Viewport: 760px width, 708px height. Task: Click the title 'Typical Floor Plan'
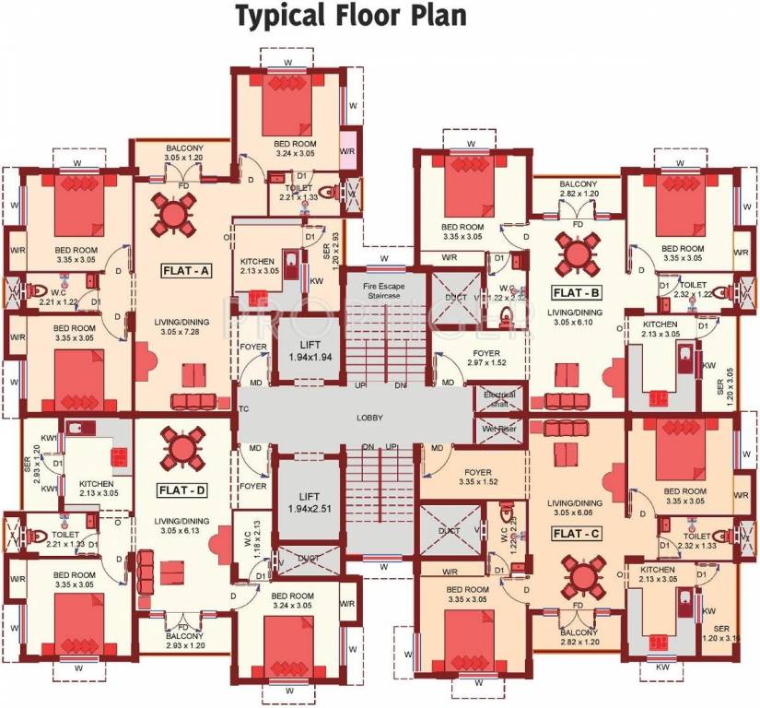(x=349, y=17)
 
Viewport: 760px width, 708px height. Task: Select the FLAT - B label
(x=578, y=293)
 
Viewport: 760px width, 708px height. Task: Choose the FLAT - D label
(x=176, y=489)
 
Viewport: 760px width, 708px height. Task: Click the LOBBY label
(x=369, y=419)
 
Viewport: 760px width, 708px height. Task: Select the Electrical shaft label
(x=499, y=399)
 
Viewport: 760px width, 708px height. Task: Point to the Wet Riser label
(x=499, y=429)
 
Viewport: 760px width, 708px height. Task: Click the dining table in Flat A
(x=174, y=218)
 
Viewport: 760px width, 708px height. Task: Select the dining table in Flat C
(x=581, y=578)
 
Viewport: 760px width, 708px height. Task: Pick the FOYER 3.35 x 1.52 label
(x=477, y=476)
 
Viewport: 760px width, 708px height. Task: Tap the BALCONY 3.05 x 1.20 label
(x=184, y=153)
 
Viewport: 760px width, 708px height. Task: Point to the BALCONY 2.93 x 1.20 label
(x=184, y=641)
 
